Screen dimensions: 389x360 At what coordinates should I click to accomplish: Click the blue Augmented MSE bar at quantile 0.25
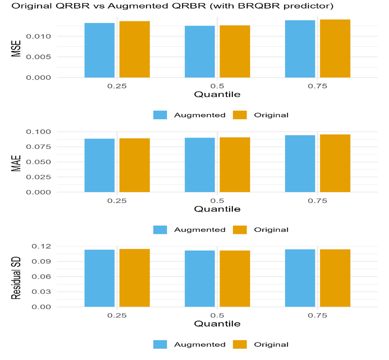pos(99,50)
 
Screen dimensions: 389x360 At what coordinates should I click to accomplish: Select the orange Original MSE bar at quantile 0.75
pos(335,48)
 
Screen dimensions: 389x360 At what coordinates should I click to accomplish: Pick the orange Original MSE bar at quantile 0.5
pos(235,52)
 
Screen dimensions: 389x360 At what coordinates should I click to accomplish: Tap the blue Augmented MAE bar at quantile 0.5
pos(200,165)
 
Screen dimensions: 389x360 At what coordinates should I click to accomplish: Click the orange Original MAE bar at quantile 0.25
pos(134,165)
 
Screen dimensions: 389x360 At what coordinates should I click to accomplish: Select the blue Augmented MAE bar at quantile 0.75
pos(300,164)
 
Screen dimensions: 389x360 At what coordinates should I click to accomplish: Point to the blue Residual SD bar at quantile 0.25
pos(99,278)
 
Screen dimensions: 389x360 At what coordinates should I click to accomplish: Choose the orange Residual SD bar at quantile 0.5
pos(235,279)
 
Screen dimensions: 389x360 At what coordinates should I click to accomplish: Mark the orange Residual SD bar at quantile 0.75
pos(335,278)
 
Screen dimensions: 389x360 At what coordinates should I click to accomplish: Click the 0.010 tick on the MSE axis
pos(38,36)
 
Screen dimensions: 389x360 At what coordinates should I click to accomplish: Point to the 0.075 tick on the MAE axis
pos(38,147)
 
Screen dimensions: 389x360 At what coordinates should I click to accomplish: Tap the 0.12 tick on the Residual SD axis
pos(41,246)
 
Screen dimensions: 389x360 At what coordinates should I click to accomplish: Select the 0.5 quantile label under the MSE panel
pos(217,86)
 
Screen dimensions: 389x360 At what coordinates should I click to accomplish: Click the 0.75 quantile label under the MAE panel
pos(317,201)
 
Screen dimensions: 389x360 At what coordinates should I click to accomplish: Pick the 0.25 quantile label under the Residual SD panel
pos(117,315)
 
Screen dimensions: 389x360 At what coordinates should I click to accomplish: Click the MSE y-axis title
pos(16,48)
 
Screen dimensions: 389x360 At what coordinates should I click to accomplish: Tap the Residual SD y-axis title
pos(16,278)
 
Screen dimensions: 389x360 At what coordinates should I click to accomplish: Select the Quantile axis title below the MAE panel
pos(217,209)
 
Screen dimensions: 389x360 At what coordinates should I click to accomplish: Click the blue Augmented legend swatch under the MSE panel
pos(160,115)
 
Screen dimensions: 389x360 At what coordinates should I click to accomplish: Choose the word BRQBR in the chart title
pos(259,6)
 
